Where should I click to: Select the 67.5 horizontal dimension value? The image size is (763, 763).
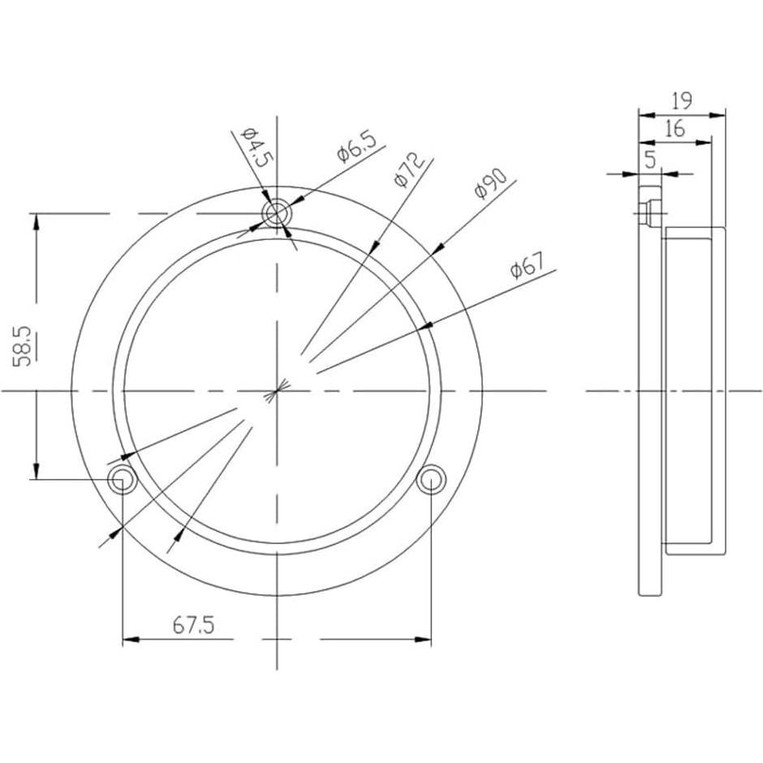193,625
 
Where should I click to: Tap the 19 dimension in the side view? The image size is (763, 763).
681,101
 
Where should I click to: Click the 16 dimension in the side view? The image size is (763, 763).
673,127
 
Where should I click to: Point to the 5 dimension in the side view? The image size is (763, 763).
650,159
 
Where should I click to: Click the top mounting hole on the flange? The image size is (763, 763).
278,214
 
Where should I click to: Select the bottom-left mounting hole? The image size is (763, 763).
122,479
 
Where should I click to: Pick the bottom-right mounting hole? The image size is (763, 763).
430,479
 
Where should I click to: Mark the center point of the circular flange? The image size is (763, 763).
278,391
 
